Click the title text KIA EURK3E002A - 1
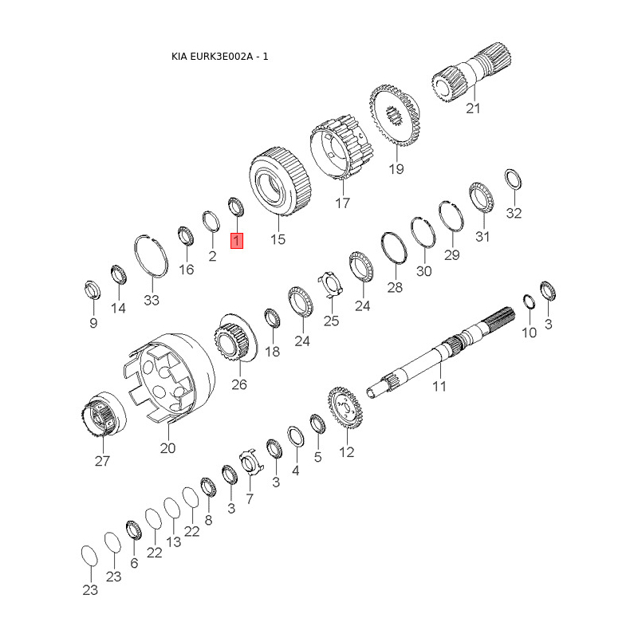[220, 57]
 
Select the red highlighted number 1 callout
[237, 241]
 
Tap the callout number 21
[473, 108]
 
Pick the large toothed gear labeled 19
[395, 115]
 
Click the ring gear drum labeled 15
[280, 181]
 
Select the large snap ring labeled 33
[151, 256]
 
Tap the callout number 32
[514, 213]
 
